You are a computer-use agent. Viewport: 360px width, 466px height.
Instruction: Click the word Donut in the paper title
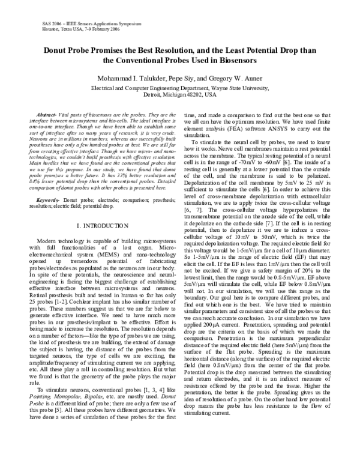point(58,50)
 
